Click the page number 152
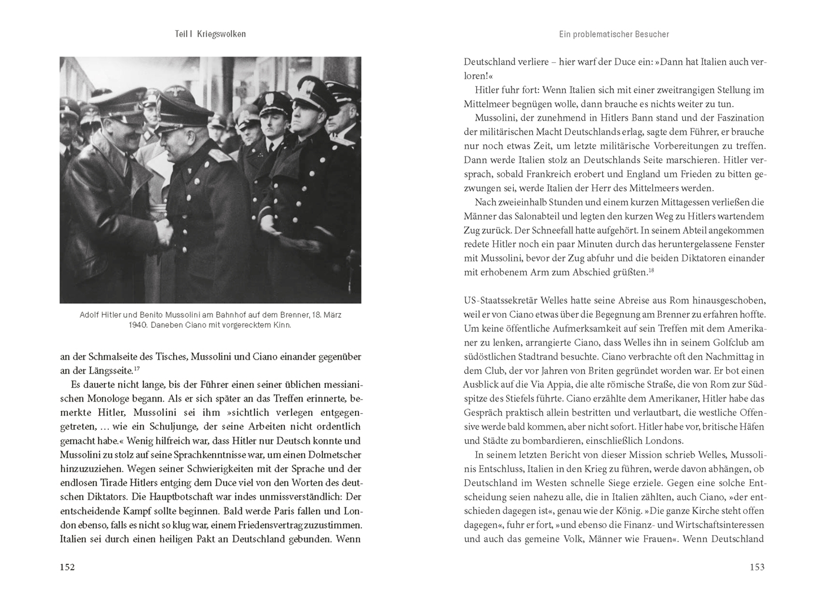pos(67,567)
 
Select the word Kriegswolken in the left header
pos(221,34)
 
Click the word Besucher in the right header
pos(652,34)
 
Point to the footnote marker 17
pos(137,369)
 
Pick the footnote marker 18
pos(652,271)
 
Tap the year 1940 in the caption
pos(138,325)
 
